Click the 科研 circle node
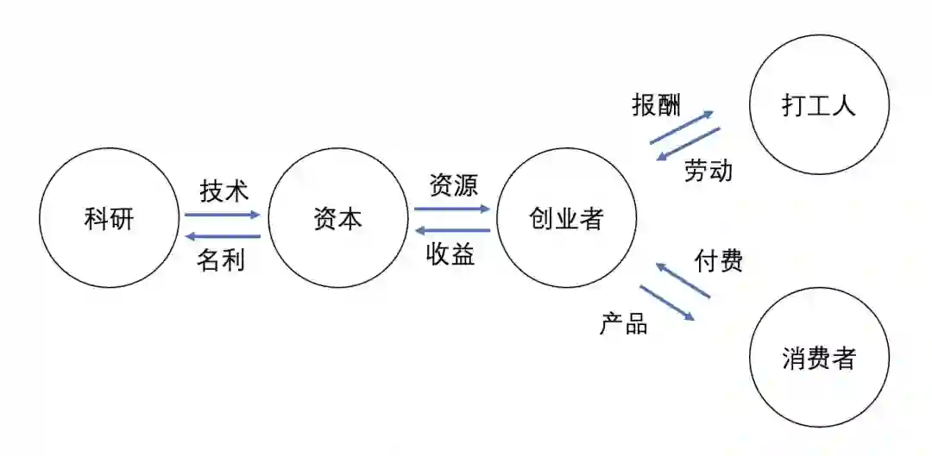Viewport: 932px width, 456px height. [x=110, y=219]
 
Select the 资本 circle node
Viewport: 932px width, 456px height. [x=338, y=219]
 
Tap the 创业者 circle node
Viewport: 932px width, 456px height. [x=566, y=219]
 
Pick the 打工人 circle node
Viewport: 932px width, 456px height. [x=818, y=106]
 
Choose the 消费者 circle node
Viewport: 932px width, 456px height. [x=818, y=358]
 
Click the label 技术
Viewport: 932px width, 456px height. [x=224, y=191]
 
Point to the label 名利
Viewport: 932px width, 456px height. [x=221, y=259]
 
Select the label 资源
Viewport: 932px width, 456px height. [x=453, y=185]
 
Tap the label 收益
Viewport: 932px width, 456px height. [x=450, y=254]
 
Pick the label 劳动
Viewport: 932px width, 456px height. [x=708, y=171]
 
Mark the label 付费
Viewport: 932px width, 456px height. [x=719, y=260]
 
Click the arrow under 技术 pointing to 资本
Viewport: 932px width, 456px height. [x=222, y=215]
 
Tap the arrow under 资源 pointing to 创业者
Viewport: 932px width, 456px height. [x=451, y=209]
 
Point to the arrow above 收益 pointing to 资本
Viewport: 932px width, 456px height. [x=451, y=230]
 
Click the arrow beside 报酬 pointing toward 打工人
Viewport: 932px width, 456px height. [x=682, y=126]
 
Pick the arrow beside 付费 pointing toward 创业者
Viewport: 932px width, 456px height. [x=683, y=281]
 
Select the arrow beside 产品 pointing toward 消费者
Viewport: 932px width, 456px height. [x=667, y=303]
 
